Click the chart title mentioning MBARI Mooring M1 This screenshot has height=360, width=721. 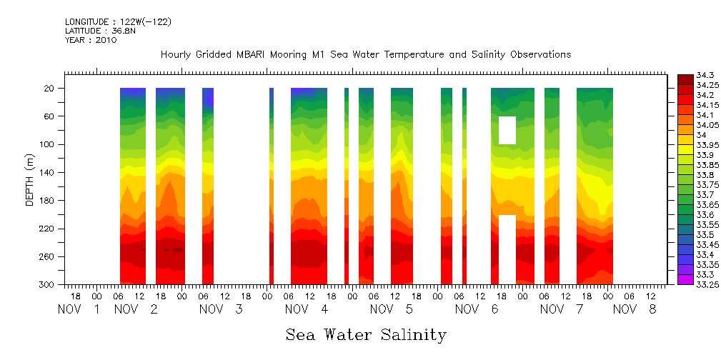[365, 54]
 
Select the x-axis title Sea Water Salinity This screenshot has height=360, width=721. [366, 334]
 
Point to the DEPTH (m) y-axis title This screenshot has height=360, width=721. [30, 179]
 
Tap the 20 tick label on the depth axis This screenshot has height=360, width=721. [50, 89]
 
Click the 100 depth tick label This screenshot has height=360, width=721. [48, 144]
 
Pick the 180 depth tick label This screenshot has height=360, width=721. [48, 201]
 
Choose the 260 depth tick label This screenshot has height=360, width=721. [48, 256]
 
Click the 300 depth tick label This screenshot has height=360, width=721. [48, 285]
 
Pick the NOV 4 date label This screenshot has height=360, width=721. [306, 309]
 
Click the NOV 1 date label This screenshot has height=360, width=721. [78, 309]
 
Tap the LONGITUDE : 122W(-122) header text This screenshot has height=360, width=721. [118, 22]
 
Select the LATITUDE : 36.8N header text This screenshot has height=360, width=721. [99, 31]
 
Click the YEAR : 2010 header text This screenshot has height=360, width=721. [91, 40]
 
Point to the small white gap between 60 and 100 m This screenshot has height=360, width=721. [507, 130]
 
